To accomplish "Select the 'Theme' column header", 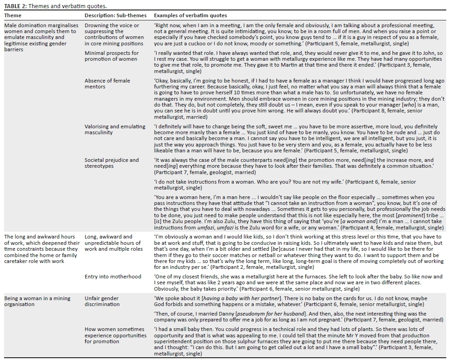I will (13, 15).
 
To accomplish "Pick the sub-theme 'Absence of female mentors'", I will (107, 83).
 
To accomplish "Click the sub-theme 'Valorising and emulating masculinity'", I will (115, 130).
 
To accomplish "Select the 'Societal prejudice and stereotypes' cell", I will (112, 163).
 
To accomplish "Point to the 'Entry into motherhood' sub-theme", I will (113, 277).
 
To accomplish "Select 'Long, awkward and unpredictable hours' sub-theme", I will (113, 243).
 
